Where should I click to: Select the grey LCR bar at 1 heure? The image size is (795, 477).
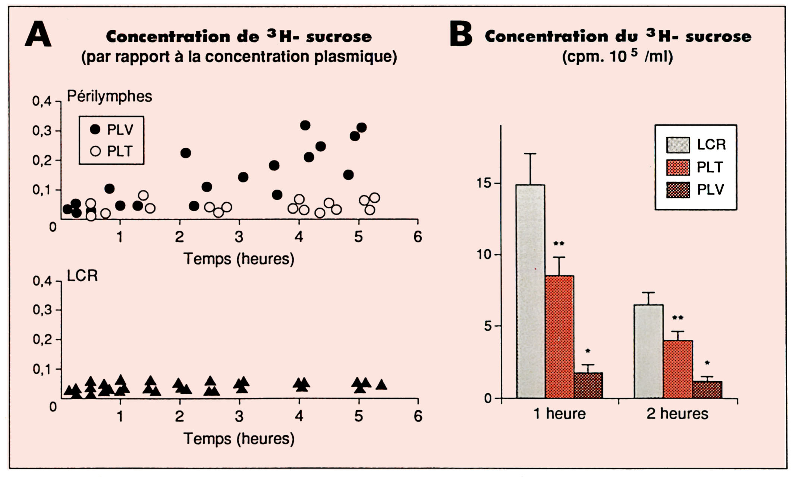(x=530, y=291)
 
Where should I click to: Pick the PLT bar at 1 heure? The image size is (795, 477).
(x=559, y=335)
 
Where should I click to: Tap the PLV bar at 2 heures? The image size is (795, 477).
(x=707, y=389)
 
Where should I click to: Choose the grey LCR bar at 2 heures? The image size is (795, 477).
(x=648, y=350)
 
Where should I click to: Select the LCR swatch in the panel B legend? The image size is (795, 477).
(x=678, y=145)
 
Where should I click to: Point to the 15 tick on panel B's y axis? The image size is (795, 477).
(x=484, y=183)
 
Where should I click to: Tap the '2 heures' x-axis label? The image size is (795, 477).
(x=677, y=414)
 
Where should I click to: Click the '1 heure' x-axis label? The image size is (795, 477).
(x=559, y=414)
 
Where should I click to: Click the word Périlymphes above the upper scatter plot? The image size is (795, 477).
(x=109, y=96)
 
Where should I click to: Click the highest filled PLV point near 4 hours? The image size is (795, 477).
(x=305, y=125)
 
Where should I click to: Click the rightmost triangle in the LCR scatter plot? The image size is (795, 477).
(x=381, y=385)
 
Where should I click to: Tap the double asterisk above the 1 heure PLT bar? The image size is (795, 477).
(x=559, y=244)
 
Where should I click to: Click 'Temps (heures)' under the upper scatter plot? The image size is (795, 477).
(x=239, y=259)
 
